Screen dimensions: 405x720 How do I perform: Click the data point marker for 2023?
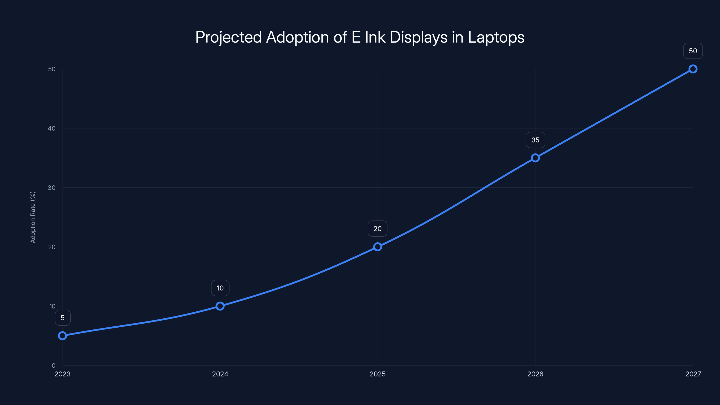(x=62, y=336)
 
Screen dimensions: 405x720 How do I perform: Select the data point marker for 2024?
(x=220, y=306)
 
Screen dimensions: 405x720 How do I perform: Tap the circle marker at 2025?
(x=378, y=247)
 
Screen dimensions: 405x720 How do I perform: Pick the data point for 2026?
(x=535, y=158)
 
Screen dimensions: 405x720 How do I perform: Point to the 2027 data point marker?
(x=693, y=69)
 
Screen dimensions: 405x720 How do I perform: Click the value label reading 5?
(x=63, y=318)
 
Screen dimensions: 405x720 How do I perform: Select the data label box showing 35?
(x=535, y=140)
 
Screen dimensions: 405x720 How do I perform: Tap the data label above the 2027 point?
(x=693, y=51)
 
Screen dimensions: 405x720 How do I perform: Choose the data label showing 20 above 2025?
(x=377, y=229)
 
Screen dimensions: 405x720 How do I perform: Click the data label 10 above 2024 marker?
(x=220, y=288)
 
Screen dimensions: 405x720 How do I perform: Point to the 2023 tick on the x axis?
(x=62, y=374)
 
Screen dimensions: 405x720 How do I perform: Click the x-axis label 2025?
(x=378, y=374)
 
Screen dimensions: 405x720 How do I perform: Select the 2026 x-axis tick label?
(x=535, y=374)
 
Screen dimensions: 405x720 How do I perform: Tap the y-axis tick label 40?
(x=52, y=128)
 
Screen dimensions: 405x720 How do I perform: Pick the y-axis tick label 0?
(x=53, y=366)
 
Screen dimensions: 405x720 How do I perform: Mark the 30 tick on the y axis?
(x=52, y=188)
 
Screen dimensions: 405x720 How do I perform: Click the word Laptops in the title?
(x=496, y=37)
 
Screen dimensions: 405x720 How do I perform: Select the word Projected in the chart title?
(x=228, y=37)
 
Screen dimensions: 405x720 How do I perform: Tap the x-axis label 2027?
(x=693, y=374)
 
